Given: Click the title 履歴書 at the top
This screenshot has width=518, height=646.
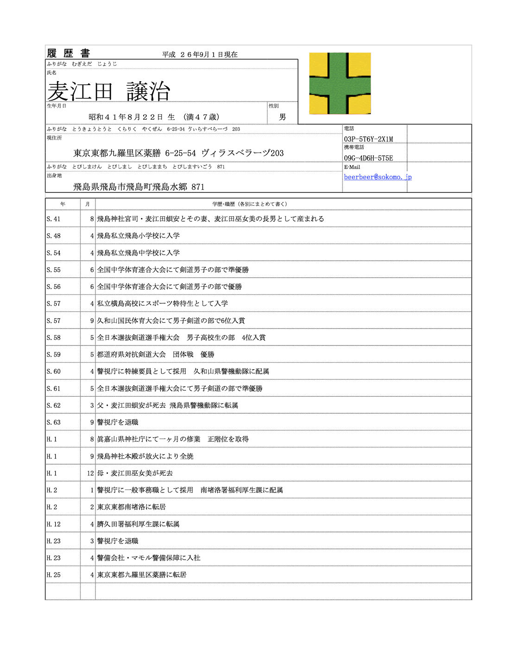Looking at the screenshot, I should click(69, 53).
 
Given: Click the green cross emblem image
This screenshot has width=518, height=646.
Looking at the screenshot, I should click(340, 83).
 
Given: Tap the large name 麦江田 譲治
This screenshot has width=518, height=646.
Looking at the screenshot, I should click(109, 91).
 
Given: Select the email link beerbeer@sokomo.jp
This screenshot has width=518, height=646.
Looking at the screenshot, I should click(378, 177).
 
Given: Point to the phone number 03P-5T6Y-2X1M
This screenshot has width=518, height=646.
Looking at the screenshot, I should click(368, 139).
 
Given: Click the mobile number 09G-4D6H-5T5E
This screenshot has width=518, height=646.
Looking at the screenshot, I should click(368, 158).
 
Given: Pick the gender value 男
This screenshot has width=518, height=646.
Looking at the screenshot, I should click(283, 117).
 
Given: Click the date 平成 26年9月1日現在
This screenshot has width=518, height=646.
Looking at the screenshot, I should click(200, 55).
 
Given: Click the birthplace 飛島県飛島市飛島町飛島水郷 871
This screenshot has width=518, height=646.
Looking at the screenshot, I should click(139, 187).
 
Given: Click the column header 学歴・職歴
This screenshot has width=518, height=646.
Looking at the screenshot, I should click(250, 204).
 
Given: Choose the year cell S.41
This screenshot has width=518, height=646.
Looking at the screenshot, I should click(54, 219).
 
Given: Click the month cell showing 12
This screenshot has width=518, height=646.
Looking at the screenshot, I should click(90, 473).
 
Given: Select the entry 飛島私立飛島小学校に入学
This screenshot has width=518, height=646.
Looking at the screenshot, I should click(138, 236).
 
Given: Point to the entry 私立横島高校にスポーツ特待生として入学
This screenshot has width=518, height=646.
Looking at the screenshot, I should click(162, 304).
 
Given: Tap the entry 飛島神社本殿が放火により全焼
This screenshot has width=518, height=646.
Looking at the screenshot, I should click(145, 456).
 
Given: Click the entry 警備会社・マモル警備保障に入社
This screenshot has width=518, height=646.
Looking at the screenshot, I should click(148, 558).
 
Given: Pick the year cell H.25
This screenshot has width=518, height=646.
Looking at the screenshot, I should click(54, 575).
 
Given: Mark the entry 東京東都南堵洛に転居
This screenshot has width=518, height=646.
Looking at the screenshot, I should click(131, 507).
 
